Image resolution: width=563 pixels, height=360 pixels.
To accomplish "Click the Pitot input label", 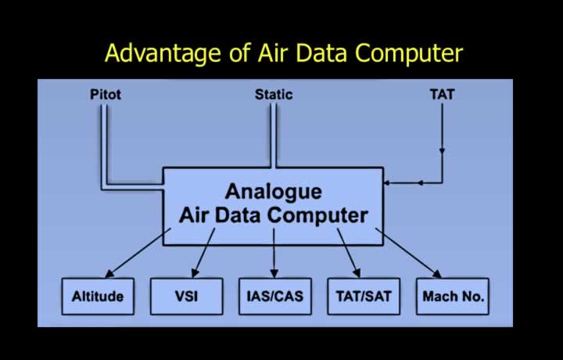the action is [x=106, y=95].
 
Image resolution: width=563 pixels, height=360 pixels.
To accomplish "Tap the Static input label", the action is [x=274, y=95].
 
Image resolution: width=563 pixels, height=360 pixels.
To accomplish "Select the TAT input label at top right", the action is [x=442, y=95].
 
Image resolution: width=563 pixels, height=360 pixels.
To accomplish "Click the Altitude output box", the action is [x=98, y=297].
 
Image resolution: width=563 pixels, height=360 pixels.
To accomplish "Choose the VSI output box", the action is [x=186, y=297].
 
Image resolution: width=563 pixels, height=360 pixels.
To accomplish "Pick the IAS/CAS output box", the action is [x=275, y=297].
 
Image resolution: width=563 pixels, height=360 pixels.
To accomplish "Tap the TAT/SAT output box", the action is [x=364, y=297].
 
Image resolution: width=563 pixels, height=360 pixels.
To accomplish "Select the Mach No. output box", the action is [x=453, y=297].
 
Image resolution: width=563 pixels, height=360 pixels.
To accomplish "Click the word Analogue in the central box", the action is [x=273, y=193].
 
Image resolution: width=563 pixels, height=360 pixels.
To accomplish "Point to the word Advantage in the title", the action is [x=163, y=53].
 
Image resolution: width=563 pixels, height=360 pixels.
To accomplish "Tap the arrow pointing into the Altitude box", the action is [x=138, y=253].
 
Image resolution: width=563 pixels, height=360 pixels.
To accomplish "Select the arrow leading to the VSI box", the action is [x=203, y=253].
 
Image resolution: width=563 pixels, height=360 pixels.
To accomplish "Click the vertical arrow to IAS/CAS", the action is [x=274, y=254].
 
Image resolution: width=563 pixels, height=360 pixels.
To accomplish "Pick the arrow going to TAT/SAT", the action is [x=349, y=253].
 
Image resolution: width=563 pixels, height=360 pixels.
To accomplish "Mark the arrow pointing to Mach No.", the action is [x=409, y=253].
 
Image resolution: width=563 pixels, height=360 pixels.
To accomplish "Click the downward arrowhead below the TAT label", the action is [x=442, y=151].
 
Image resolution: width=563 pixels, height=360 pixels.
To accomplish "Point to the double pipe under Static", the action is [x=273, y=135].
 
